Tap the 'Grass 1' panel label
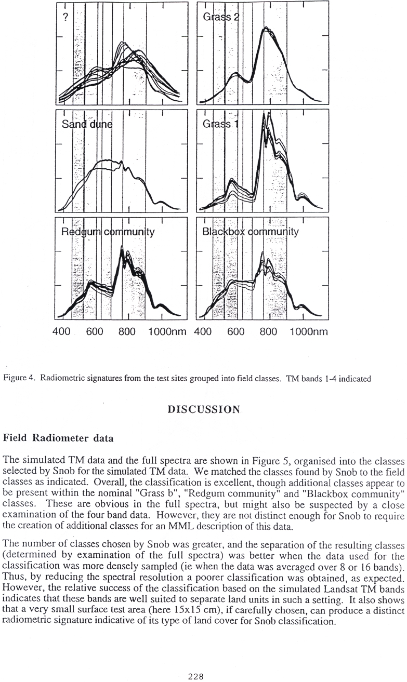219,124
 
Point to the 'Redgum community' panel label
108,232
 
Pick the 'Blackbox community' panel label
250,232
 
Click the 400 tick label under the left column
61,332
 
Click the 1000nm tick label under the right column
309,332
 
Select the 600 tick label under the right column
235,332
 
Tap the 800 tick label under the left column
127,332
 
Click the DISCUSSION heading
204,410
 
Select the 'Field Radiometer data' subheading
59,438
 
